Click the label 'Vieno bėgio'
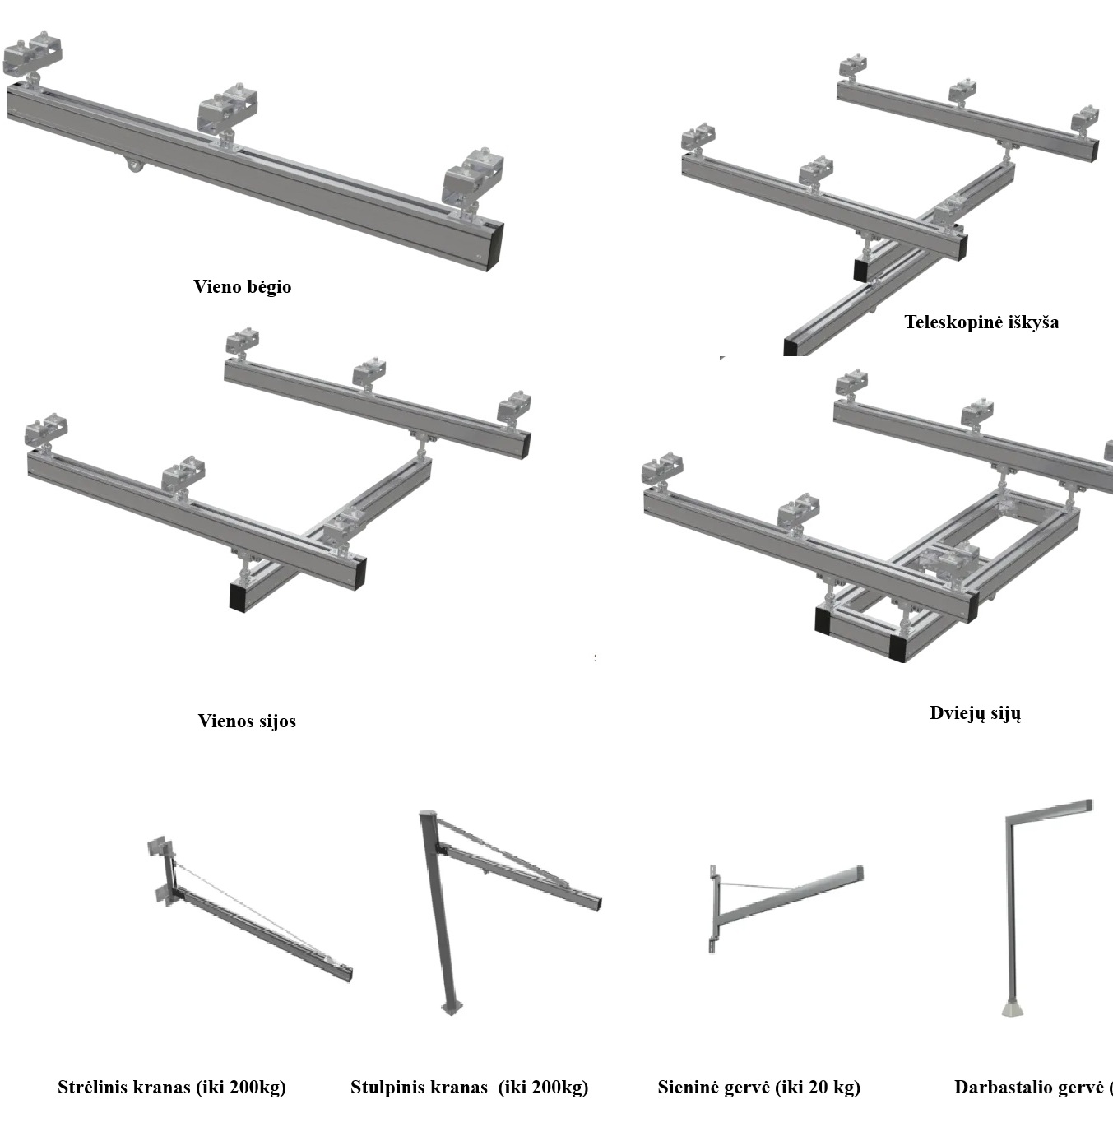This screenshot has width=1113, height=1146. (x=242, y=287)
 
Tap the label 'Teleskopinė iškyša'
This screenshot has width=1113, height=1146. (x=981, y=322)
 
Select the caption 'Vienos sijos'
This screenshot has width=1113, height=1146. (x=247, y=721)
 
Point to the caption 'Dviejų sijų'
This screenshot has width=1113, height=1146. (x=975, y=713)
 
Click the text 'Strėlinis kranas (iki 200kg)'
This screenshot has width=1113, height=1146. (x=172, y=1088)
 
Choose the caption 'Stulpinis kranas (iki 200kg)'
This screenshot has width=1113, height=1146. (x=469, y=1088)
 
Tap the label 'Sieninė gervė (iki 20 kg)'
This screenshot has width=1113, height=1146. (x=758, y=1088)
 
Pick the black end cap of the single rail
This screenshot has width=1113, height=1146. (x=494, y=245)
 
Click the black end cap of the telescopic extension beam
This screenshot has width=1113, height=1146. (x=791, y=345)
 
